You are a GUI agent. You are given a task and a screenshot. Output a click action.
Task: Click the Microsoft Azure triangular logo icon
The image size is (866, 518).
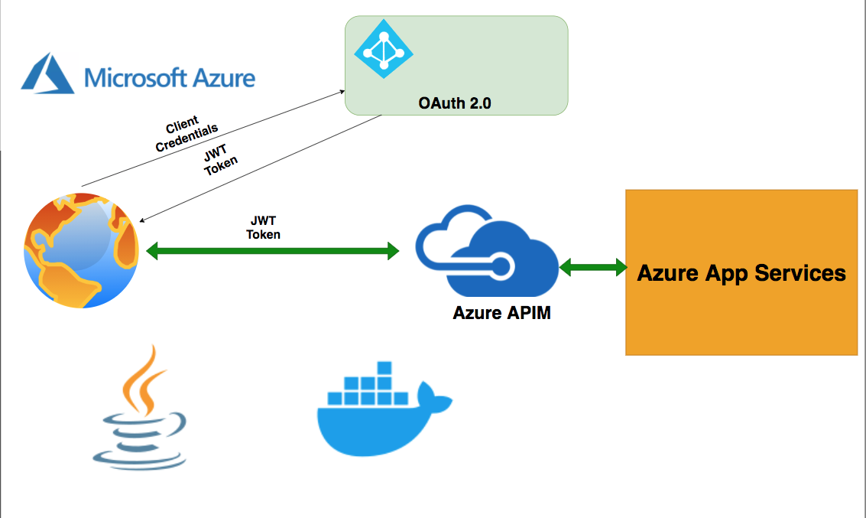[47, 73]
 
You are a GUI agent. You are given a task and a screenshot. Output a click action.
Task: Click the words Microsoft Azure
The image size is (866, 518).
[170, 77]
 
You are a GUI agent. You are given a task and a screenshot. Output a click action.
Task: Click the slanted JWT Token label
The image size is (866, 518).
[219, 161]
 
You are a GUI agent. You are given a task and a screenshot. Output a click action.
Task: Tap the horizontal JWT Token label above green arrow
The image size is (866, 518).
[264, 228]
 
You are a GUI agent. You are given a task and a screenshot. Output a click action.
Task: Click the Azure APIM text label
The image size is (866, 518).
[501, 313]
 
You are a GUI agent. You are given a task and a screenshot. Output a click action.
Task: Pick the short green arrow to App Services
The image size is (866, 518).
[592, 267]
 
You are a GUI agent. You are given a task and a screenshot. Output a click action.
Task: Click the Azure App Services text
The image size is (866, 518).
[741, 273]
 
